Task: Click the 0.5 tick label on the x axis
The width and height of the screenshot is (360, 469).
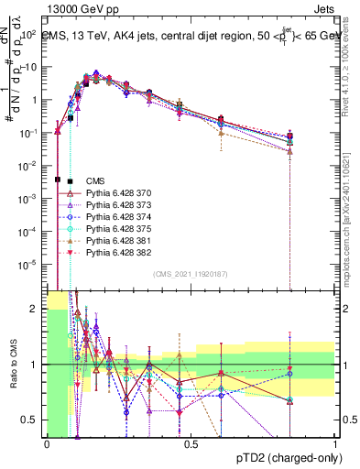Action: point(191,444)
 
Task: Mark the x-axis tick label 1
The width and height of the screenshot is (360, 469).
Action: point(335,444)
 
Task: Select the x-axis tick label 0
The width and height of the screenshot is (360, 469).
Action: point(47,444)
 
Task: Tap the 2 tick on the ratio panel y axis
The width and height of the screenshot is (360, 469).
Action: point(38,309)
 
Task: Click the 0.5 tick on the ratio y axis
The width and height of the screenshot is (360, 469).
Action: point(34,420)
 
